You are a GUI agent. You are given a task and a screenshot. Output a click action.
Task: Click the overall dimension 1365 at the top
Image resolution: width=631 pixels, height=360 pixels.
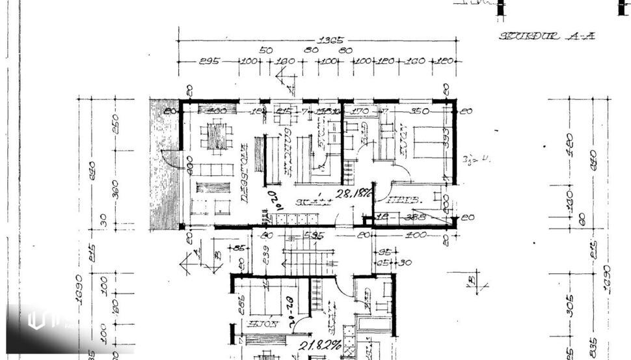(x=335, y=40)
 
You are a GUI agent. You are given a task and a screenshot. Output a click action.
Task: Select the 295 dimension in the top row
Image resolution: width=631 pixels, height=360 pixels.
(x=209, y=61)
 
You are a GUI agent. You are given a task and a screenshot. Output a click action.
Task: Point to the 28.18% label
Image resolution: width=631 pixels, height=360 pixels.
(x=353, y=193)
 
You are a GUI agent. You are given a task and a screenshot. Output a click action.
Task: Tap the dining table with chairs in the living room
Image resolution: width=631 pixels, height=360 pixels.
(x=217, y=137)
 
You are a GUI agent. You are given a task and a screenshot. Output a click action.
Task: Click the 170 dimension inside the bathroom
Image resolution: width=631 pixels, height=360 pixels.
(x=359, y=111)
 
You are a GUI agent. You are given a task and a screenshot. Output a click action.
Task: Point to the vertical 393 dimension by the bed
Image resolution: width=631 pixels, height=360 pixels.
(x=446, y=139)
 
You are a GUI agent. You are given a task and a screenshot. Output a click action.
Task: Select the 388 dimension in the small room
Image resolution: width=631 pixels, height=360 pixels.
(x=416, y=217)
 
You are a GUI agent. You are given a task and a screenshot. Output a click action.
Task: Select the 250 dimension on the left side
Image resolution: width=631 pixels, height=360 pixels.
(x=116, y=124)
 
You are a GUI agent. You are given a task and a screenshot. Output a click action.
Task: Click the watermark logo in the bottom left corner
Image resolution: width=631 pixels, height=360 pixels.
(x=36, y=320)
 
